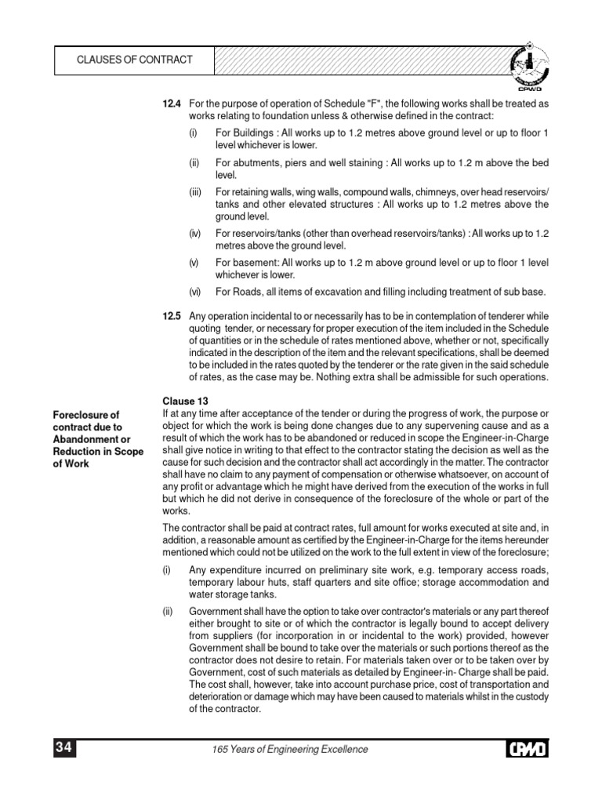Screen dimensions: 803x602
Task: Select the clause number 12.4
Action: [172, 104]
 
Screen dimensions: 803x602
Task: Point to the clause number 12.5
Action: [172, 315]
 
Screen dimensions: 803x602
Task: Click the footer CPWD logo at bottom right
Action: [527, 750]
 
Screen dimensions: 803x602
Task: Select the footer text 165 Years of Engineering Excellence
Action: [290, 750]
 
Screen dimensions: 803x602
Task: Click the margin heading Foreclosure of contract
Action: [86, 421]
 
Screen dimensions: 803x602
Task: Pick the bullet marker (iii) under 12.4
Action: [194, 192]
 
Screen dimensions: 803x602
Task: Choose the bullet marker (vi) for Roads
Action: [194, 292]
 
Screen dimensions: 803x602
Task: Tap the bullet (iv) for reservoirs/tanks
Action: [194, 234]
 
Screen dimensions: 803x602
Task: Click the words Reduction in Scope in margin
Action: [97, 452]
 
